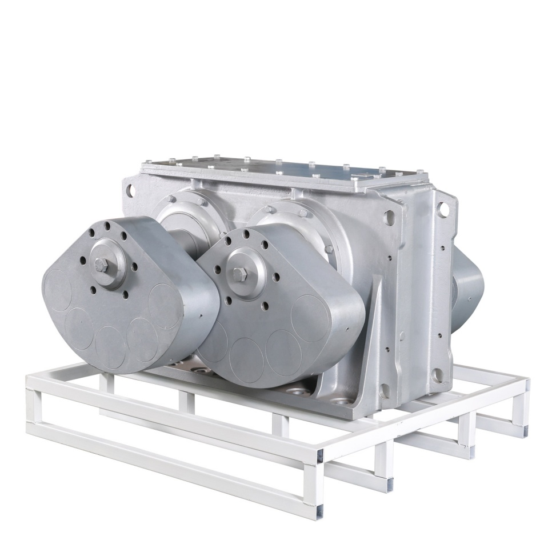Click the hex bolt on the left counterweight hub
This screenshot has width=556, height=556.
point(102,264)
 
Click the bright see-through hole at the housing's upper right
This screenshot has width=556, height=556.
point(442,209)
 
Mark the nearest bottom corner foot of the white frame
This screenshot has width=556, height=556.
point(319,509)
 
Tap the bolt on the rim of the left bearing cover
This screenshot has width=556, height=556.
point(201,202)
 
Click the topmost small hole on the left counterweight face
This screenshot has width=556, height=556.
point(107,226)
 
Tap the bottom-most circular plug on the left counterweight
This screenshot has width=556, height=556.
point(110,346)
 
